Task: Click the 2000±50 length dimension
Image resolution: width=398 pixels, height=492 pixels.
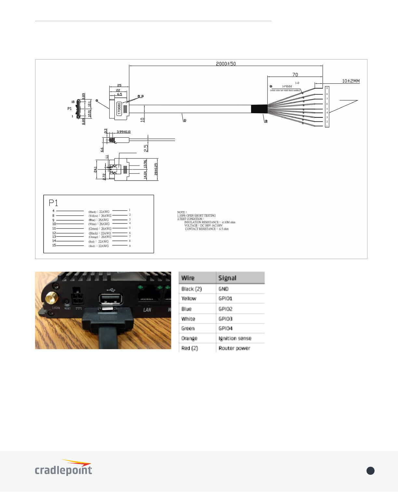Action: pos(226,64)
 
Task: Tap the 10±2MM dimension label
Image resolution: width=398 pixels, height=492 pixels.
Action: pos(351,81)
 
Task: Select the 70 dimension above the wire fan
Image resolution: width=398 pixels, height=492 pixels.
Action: pos(295,75)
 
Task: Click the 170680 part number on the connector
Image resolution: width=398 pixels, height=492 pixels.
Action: pos(119,109)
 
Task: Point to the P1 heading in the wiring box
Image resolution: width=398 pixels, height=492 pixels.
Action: pos(53,203)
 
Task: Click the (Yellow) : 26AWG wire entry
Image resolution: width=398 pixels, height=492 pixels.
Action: pos(100,216)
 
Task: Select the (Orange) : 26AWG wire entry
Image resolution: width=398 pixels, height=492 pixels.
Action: pos(100,237)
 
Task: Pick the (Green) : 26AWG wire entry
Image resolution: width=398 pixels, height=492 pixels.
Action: pos(100,229)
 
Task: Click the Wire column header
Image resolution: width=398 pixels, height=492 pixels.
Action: pos(188,278)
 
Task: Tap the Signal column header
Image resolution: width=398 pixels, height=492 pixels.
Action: pos(227,278)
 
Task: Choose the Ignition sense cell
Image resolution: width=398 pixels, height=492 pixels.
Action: pos(235,338)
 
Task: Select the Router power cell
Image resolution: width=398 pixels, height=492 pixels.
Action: pos(234,348)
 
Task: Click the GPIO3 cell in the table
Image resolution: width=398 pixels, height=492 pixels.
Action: pos(225,319)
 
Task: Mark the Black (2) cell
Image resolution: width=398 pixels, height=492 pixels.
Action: pos(192,289)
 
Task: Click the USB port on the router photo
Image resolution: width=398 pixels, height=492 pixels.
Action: pos(111,299)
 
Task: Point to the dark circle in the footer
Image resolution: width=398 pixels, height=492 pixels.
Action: pos(370,471)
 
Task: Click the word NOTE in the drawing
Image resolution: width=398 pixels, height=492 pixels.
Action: pos(181,212)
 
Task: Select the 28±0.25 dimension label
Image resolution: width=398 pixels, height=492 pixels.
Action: pos(156,169)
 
